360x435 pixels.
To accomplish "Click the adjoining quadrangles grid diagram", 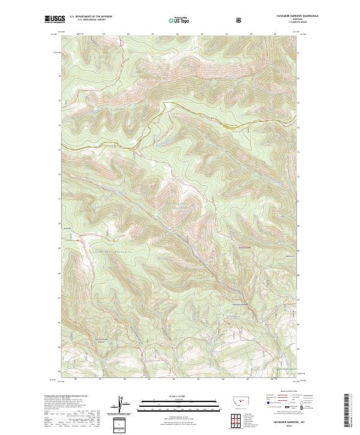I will click(233, 421).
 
